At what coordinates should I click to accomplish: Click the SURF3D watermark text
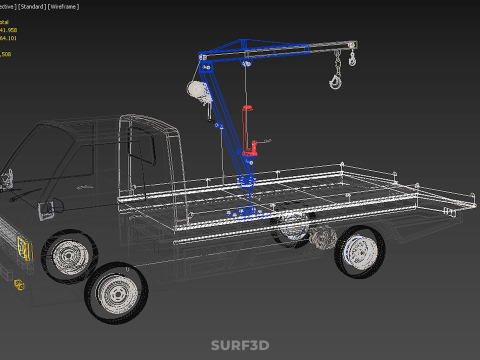(x=240, y=345)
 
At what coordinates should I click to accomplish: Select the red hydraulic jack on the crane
(x=256, y=153)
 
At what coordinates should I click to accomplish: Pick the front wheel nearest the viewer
(x=118, y=293)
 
